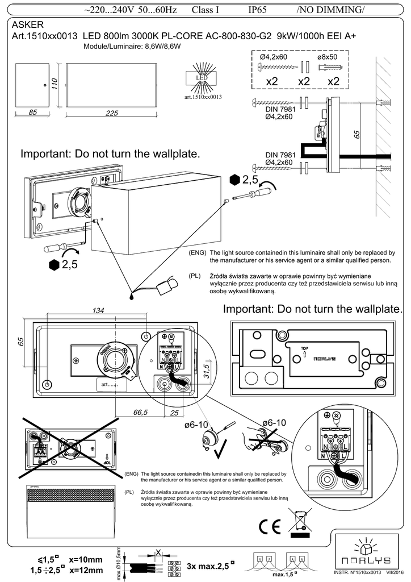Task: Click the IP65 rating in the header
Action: coord(261,10)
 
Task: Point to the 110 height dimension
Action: coord(56,84)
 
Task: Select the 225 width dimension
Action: coord(111,113)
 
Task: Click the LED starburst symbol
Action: coord(202,78)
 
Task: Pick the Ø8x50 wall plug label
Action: coord(327,57)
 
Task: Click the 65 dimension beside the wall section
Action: coord(357,135)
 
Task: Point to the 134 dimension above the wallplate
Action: coord(98,310)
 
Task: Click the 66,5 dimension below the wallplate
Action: coord(140,411)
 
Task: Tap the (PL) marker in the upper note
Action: coord(195,276)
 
